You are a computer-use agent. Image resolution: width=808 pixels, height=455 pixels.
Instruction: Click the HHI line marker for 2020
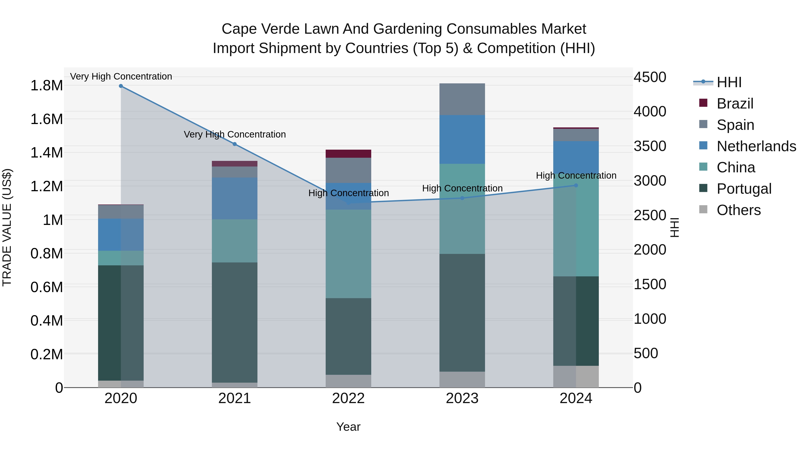tap(121, 86)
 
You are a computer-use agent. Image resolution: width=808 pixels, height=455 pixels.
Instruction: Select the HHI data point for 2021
tap(235, 144)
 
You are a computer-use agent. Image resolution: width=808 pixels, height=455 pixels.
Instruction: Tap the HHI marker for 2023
tap(462, 198)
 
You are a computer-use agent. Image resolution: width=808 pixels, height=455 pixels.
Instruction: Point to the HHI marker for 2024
tap(576, 186)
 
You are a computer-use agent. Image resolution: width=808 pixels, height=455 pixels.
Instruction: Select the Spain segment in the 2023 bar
tap(462, 99)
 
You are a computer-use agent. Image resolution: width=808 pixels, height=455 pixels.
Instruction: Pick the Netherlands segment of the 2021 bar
tap(235, 198)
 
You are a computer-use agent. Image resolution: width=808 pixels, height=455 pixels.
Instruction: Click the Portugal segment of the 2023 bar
tap(462, 313)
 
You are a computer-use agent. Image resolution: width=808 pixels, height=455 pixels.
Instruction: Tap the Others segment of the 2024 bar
tap(576, 377)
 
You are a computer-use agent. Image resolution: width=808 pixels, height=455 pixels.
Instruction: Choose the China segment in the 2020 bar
tap(121, 258)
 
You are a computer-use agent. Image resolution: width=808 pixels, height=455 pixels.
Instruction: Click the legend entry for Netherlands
tap(756, 146)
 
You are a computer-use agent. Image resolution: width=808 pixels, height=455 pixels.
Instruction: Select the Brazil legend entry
tap(735, 104)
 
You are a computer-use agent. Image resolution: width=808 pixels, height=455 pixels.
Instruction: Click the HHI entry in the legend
tap(729, 82)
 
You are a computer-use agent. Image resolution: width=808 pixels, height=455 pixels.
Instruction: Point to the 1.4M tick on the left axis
tap(46, 153)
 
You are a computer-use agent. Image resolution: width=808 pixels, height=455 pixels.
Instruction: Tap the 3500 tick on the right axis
tap(650, 146)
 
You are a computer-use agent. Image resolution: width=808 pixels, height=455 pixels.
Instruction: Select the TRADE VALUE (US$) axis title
tap(7, 227)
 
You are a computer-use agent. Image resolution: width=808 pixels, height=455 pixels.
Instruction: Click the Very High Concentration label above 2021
tap(235, 134)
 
